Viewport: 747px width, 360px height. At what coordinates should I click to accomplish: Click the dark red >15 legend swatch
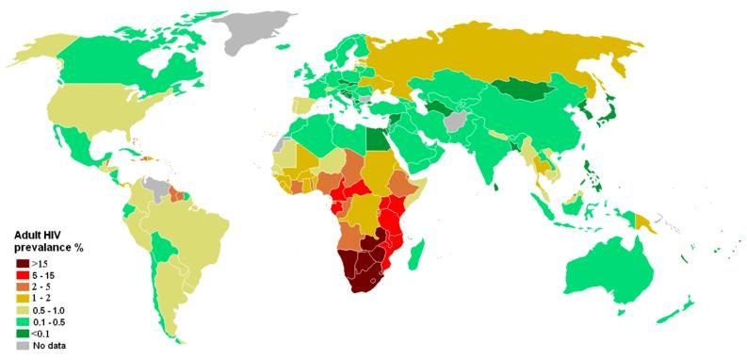[x=21, y=263]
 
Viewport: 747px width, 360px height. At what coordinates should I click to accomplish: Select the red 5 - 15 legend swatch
[x=21, y=274]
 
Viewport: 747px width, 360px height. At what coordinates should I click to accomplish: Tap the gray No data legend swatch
[x=21, y=346]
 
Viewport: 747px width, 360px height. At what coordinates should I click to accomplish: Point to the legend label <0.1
[x=42, y=334]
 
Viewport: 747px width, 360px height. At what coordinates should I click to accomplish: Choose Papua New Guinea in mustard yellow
[x=648, y=223]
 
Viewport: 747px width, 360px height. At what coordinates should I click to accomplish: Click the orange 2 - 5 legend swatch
[x=21, y=286]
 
